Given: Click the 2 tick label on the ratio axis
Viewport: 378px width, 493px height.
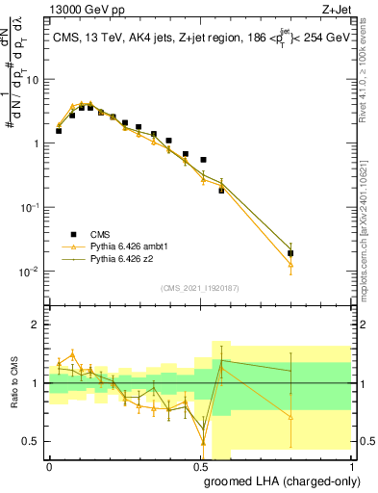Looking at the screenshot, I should (39, 324).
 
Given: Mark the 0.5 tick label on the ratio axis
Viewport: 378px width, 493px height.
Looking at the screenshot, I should (35, 442).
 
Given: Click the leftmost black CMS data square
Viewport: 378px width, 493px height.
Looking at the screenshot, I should (59, 131).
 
